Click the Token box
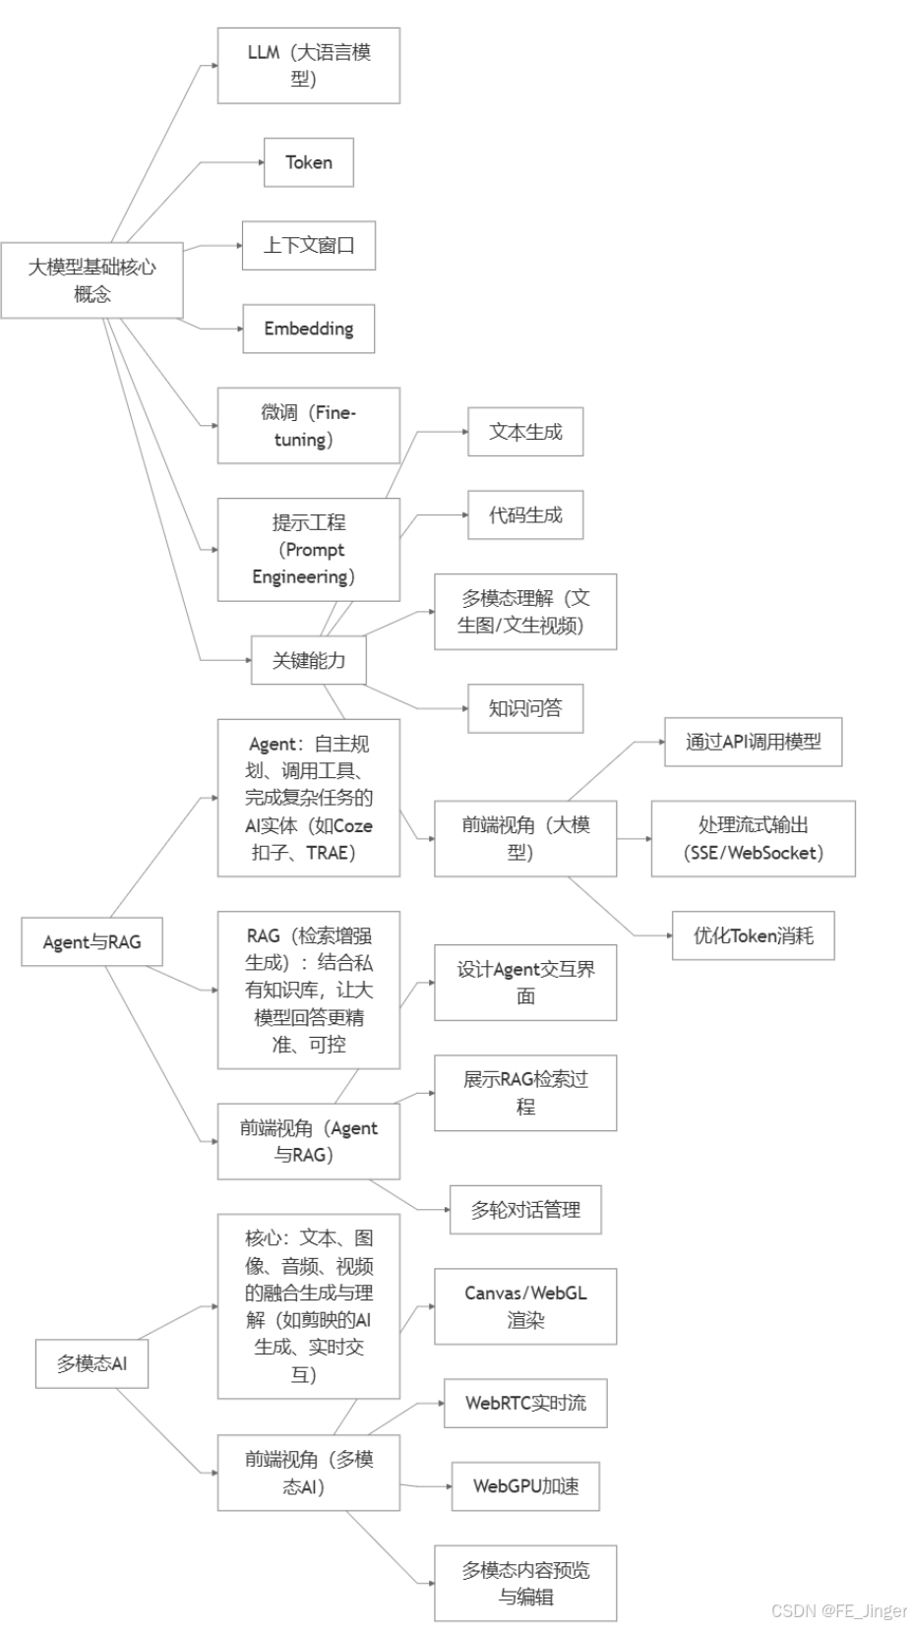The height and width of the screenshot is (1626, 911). pyautogui.click(x=308, y=162)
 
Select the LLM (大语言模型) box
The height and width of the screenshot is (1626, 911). pyautogui.click(x=308, y=65)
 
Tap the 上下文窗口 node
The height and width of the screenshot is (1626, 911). pyautogui.click(x=308, y=245)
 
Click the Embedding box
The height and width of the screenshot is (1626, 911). pyautogui.click(x=308, y=329)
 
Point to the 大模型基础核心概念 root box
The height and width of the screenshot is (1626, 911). pyautogui.click(x=91, y=280)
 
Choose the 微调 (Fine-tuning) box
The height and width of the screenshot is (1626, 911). pyautogui.click(x=308, y=425)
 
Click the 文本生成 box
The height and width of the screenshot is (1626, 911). pyautogui.click(x=525, y=432)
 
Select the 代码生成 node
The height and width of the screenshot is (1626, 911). pyautogui.click(x=525, y=514)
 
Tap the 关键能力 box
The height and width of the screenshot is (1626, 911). pyautogui.click(x=308, y=660)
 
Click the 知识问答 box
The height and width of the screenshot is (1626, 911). pyautogui.click(x=525, y=708)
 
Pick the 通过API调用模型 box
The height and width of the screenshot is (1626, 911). pyautogui.click(x=753, y=742)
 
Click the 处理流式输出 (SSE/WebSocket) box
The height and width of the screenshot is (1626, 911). pyautogui.click(x=753, y=838)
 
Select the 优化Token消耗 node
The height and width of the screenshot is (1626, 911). pyautogui.click(x=753, y=935)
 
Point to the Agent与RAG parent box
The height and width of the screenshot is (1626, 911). pyautogui.click(x=91, y=941)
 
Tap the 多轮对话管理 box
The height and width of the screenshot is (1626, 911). pyautogui.click(x=525, y=1210)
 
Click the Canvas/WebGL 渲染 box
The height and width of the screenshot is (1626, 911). pyautogui.click(x=525, y=1306)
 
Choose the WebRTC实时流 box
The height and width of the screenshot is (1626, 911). pyautogui.click(x=525, y=1403)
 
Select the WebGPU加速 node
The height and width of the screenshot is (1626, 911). pyautogui.click(x=525, y=1485)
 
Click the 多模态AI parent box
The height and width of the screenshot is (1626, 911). pyautogui.click(x=91, y=1363)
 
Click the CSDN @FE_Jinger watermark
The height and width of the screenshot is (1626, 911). pyautogui.click(x=839, y=1609)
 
